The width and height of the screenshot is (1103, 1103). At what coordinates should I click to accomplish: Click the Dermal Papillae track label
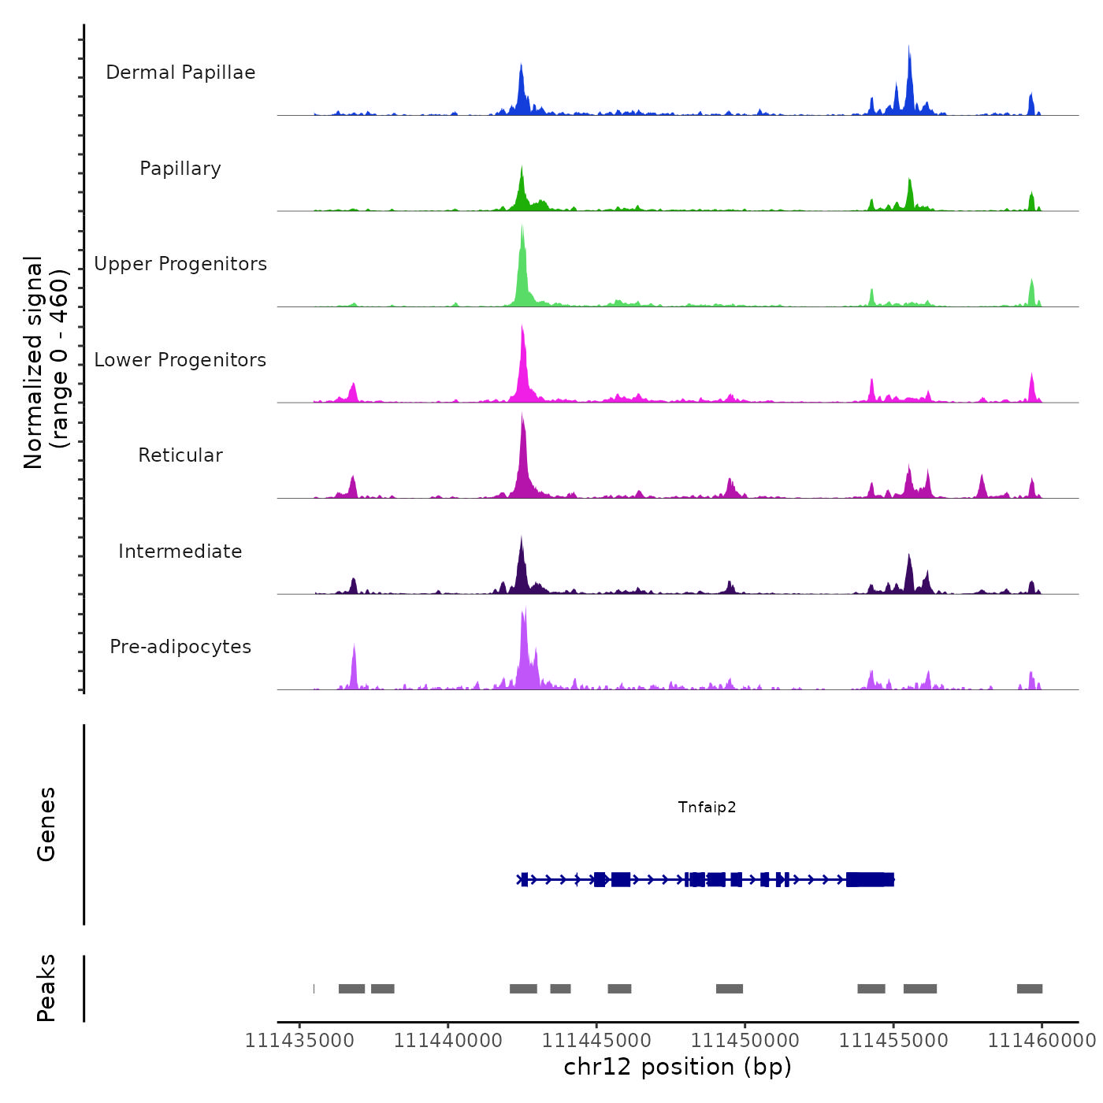(x=180, y=72)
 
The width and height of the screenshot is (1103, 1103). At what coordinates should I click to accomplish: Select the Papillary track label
(x=180, y=169)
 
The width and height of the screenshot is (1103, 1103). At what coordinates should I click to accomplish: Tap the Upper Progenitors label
(x=180, y=264)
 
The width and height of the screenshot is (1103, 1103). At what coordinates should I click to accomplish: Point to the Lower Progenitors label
(x=180, y=360)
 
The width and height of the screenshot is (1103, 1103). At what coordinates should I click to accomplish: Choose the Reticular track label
(x=180, y=455)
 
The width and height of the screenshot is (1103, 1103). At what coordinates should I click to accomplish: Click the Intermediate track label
(x=180, y=551)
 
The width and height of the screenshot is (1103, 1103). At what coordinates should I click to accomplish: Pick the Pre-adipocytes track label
(x=180, y=647)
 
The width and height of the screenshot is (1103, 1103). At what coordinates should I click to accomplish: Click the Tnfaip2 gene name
(x=707, y=807)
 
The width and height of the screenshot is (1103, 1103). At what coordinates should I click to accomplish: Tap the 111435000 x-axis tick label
(x=299, y=1041)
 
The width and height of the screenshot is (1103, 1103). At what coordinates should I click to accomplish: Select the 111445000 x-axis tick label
(x=596, y=1041)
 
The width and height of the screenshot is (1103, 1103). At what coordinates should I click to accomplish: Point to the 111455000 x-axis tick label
(x=893, y=1041)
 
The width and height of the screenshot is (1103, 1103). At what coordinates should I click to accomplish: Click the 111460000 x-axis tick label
(x=1042, y=1041)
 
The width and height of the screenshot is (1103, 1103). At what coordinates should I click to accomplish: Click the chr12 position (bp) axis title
(x=678, y=1067)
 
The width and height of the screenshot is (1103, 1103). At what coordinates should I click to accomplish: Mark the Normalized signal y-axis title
(x=46, y=362)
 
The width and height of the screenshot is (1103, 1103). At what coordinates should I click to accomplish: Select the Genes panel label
(x=46, y=824)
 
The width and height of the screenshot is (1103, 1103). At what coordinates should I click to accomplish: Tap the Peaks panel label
(x=46, y=988)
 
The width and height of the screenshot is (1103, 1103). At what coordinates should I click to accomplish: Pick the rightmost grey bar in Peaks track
(x=1029, y=989)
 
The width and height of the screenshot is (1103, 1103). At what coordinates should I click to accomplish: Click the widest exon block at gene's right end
(x=870, y=879)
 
